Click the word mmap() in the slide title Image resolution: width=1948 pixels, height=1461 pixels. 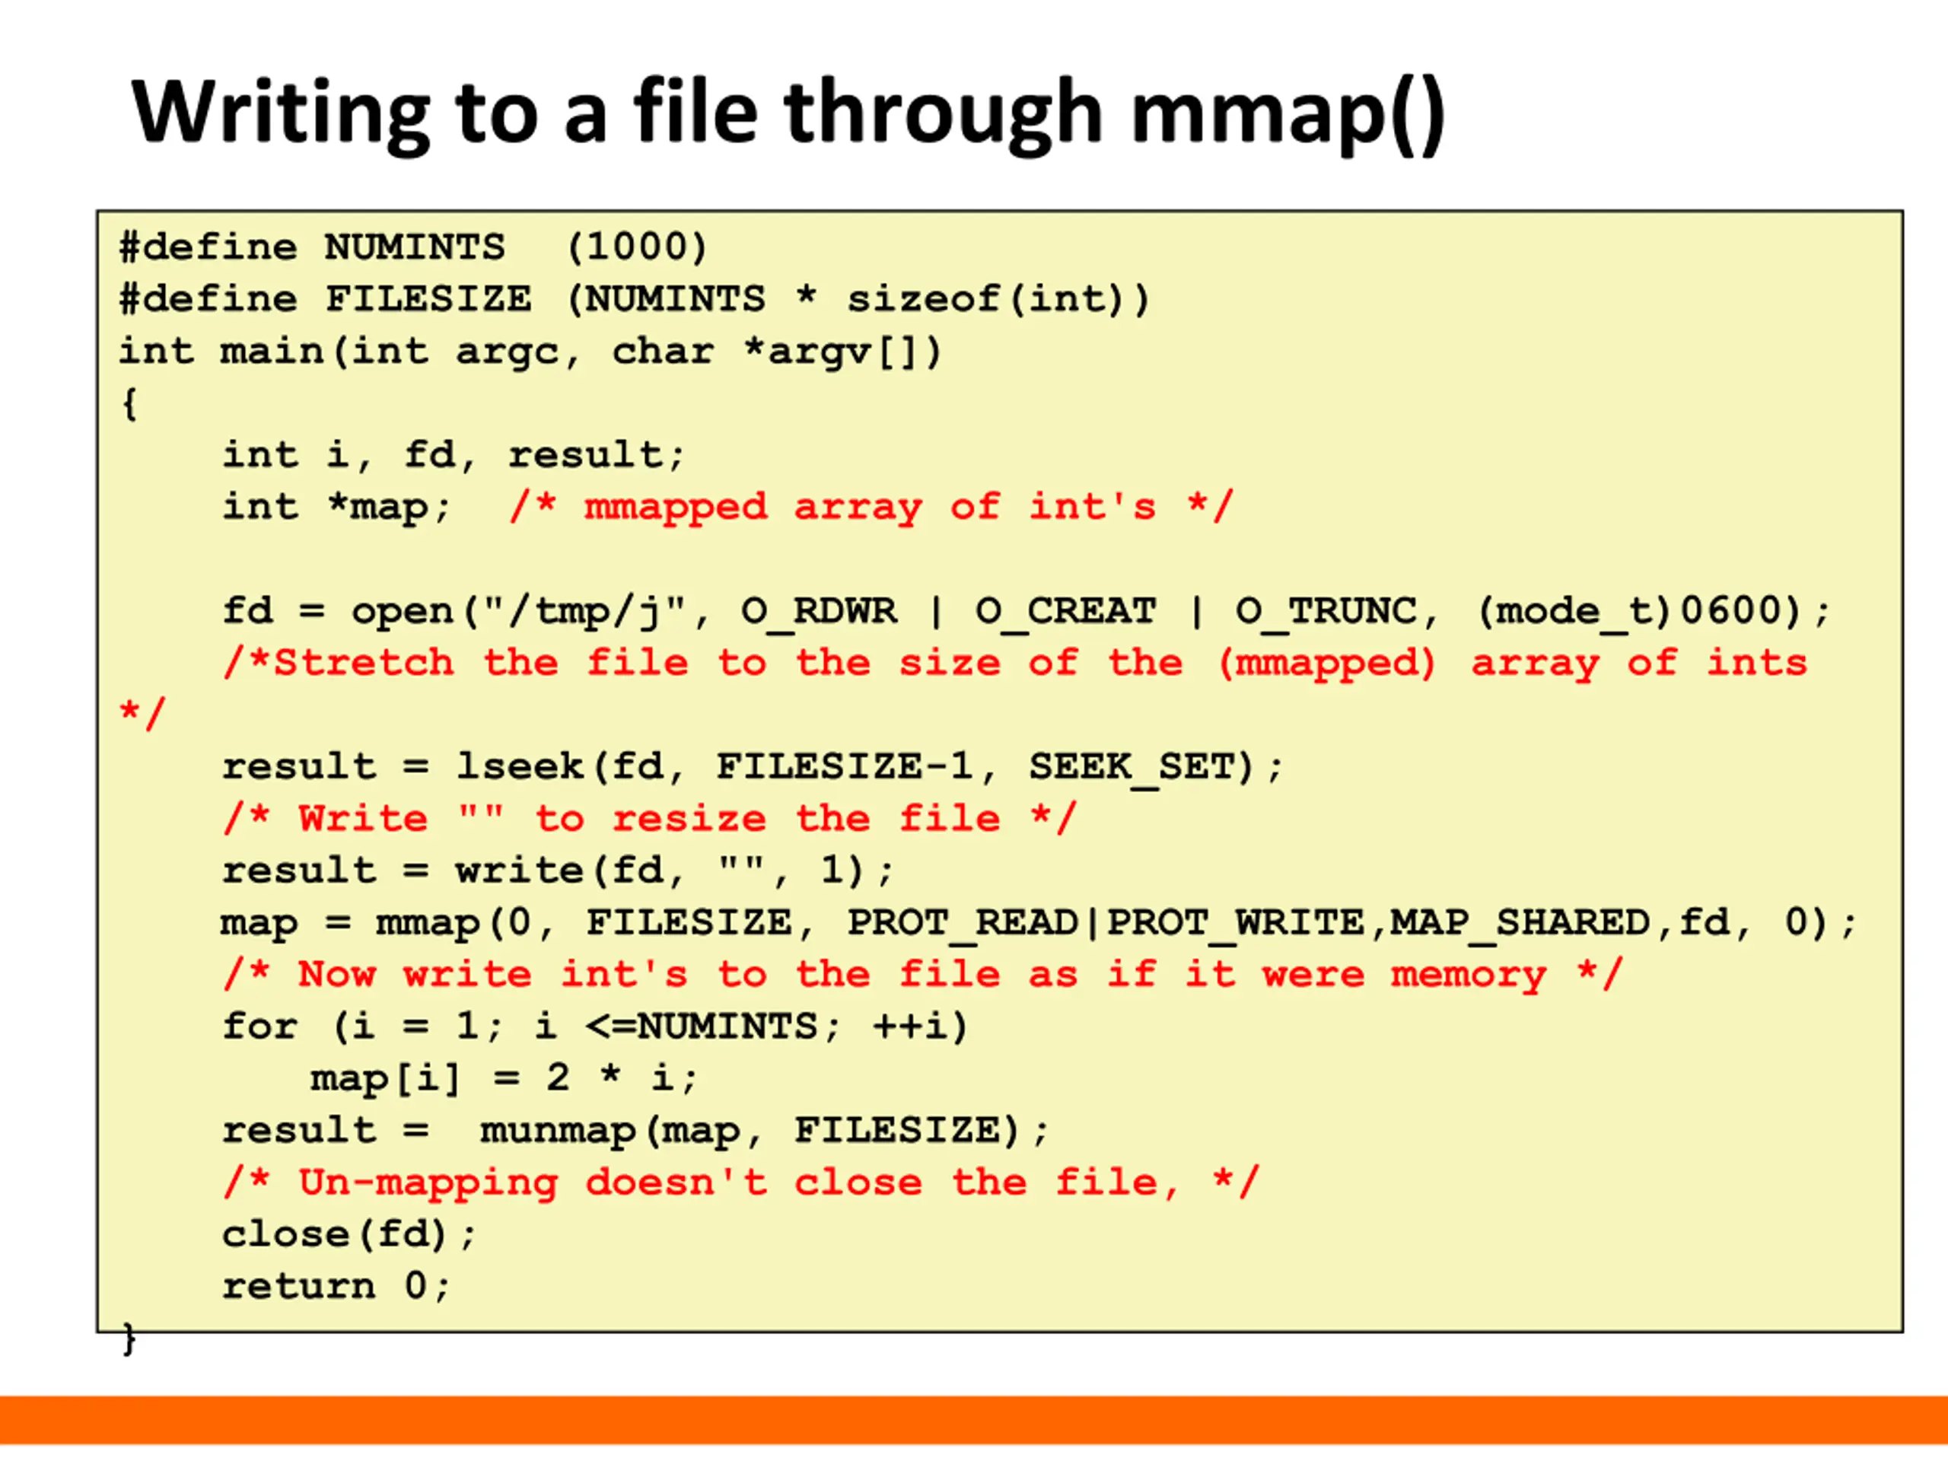[x=1288, y=113]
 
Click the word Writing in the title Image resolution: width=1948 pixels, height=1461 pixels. [x=280, y=113]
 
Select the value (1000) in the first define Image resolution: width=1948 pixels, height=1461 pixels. [x=636, y=247]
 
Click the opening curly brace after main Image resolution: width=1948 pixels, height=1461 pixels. [x=129, y=403]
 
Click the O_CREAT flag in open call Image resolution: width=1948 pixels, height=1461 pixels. [x=1065, y=610]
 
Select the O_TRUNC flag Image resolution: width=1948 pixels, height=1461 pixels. [x=1326, y=610]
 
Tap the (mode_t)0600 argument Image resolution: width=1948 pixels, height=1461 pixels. [x=1638, y=610]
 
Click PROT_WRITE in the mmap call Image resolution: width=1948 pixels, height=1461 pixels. [x=1235, y=922]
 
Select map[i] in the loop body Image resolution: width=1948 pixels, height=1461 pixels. [x=385, y=1078]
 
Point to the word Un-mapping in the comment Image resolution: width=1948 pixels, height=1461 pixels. [x=428, y=1182]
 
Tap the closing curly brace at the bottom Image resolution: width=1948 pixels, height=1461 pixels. [x=129, y=1338]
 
